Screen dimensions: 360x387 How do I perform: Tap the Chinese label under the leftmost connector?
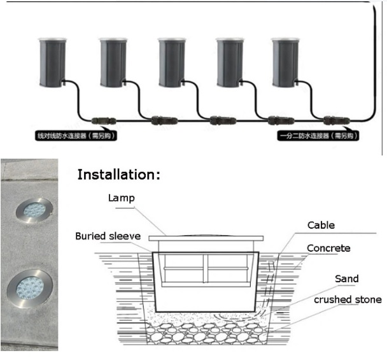point(76,136)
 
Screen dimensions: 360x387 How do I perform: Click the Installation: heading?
point(119,175)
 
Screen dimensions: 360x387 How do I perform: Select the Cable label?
point(321,225)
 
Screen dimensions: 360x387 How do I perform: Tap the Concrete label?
point(328,248)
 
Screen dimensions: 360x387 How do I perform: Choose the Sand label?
point(347,278)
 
